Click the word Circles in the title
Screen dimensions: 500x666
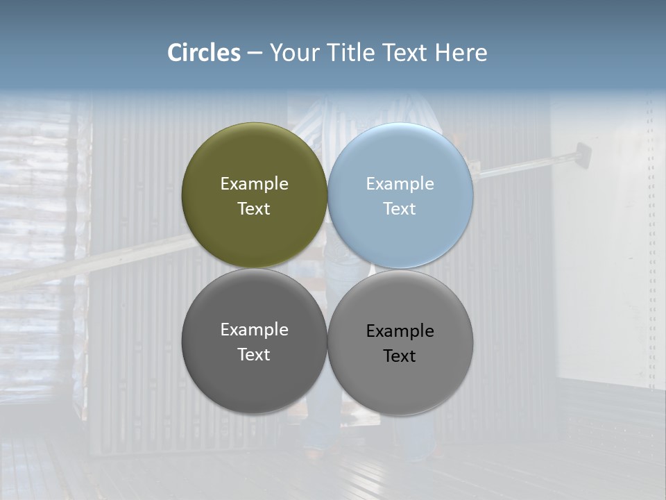(204, 53)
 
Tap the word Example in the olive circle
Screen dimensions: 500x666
(254, 184)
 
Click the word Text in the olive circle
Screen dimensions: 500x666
(254, 209)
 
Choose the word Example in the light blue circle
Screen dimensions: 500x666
(400, 184)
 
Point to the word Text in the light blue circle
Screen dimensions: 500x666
(400, 209)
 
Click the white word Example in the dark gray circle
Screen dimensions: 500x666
(254, 330)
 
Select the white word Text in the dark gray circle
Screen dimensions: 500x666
(254, 355)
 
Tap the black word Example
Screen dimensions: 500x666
(400, 331)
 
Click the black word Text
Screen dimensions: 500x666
(400, 356)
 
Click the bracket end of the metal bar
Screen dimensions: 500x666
(581, 153)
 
